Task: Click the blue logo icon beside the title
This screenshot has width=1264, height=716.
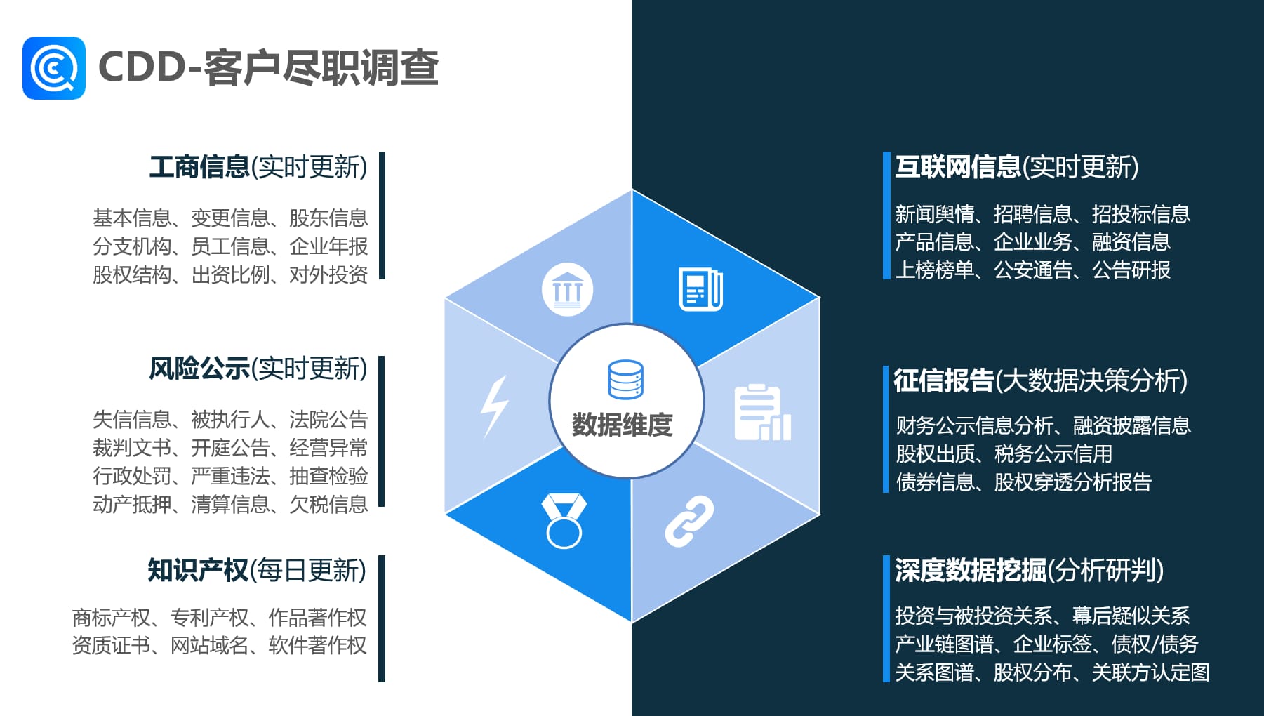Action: [x=54, y=68]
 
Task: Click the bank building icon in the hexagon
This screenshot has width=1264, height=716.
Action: [x=568, y=290]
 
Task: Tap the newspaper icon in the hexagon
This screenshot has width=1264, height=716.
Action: [x=700, y=289]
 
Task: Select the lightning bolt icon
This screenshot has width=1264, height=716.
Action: [x=495, y=406]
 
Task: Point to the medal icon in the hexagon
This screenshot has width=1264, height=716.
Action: [x=564, y=521]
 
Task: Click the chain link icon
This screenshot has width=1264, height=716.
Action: [x=689, y=521]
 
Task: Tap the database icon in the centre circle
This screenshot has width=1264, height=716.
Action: [x=625, y=379]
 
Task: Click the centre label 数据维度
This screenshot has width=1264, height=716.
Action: [x=623, y=425]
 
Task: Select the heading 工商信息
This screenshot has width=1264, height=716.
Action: [x=199, y=167]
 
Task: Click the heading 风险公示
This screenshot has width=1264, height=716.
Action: [x=199, y=369]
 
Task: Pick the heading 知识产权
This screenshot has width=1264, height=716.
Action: [x=198, y=570]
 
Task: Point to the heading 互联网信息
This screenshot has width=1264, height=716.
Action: [x=958, y=167]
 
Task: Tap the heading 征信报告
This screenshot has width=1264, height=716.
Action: [x=944, y=380]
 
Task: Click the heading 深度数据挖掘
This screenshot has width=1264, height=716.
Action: [x=971, y=570]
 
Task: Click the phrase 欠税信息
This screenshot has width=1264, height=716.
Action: [x=328, y=504]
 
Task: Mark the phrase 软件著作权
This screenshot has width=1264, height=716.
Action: [x=317, y=645]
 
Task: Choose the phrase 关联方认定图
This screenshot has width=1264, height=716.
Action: [x=1150, y=672]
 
